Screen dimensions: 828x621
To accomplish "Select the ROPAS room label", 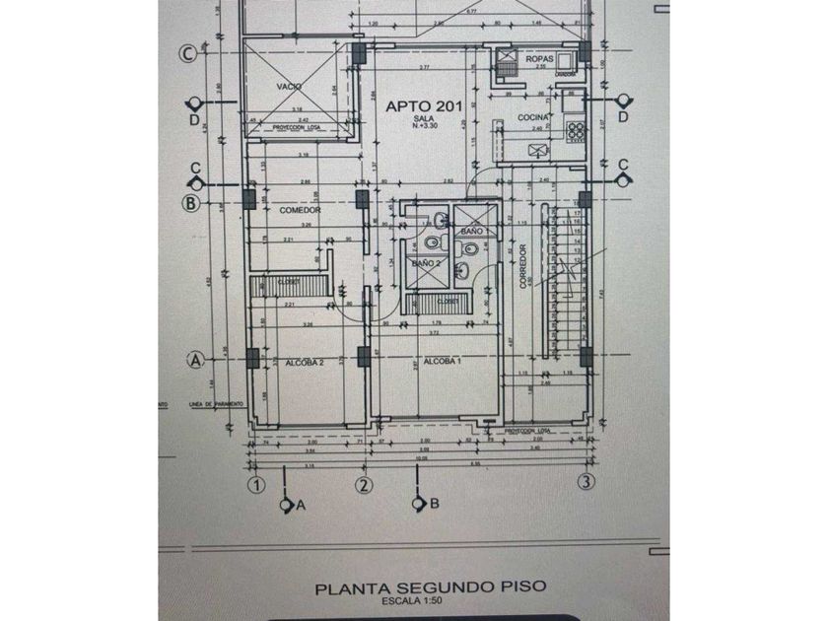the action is pyautogui.click(x=537, y=61).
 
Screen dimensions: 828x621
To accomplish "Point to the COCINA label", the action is pyautogui.click(x=532, y=117).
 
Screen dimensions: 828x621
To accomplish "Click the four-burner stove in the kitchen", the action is pyautogui.click(x=572, y=129).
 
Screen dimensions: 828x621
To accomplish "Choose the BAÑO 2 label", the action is pyautogui.click(x=425, y=263).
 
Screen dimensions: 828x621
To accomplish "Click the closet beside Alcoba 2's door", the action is pyautogui.click(x=288, y=284).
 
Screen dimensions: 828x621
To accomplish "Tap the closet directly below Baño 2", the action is pyautogui.click(x=447, y=301).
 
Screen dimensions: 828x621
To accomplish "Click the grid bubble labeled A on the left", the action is pyautogui.click(x=195, y=361).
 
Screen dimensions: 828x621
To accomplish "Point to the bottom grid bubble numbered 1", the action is pyautogui.click(x=256, y=483).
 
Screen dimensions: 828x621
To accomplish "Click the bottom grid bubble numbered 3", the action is pyautogui.click(x=586, y=483).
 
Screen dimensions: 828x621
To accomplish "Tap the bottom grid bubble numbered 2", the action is pyautogui.click(x=363, y=483).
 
